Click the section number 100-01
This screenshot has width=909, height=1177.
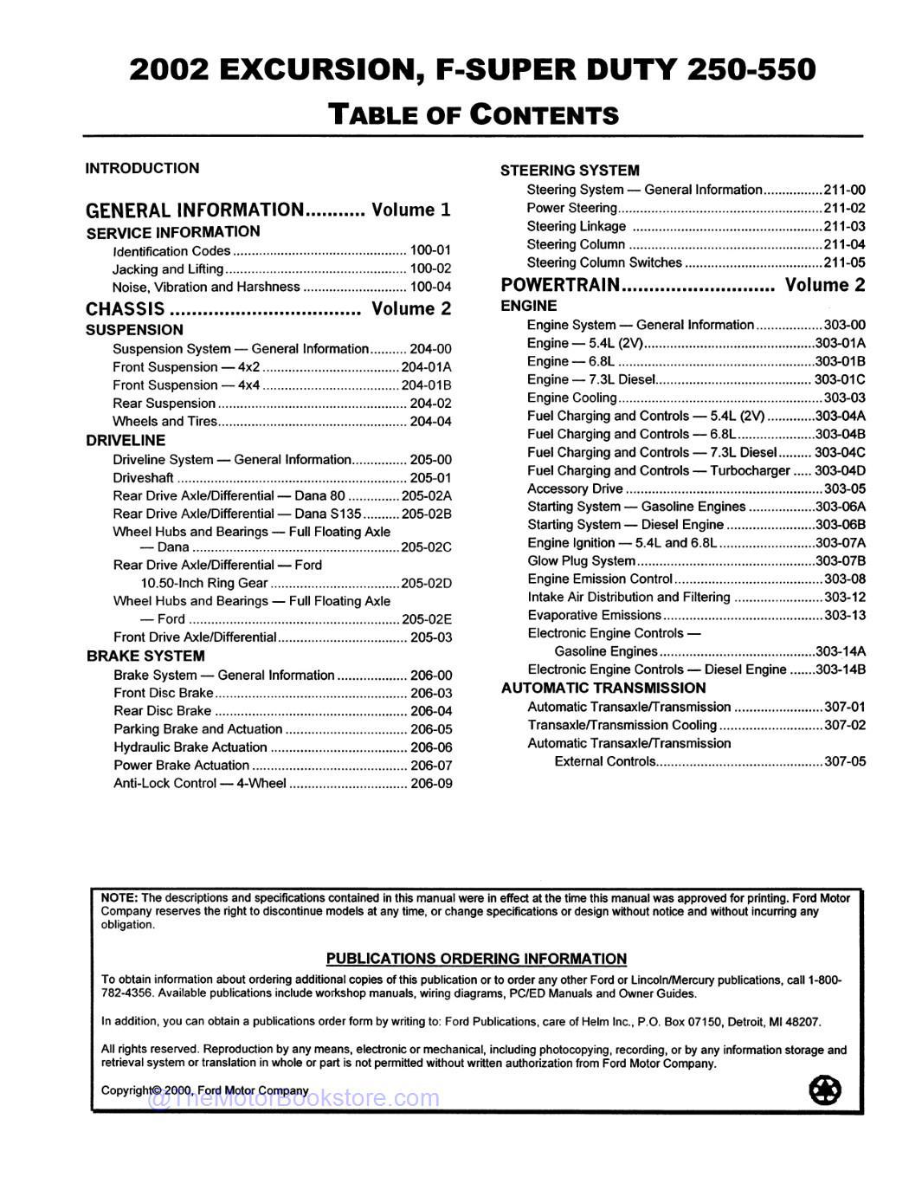click(430, 251)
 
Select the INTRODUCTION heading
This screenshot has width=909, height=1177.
click(142, 168)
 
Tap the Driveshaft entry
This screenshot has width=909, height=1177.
click(143, 478)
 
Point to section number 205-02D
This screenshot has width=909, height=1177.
click(426, 584)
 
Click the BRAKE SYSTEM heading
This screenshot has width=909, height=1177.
click(145, 656)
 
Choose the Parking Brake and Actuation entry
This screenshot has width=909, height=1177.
click(197, 729)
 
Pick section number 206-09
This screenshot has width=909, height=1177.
click(430, 784)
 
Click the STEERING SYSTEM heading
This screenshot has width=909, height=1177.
click(570, 171)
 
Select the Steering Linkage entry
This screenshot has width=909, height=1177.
click(576, 226)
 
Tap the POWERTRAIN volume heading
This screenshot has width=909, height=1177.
click(561, 285)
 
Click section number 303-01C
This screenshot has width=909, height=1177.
click(839, 379)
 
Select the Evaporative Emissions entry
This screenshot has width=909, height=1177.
click(594, 616)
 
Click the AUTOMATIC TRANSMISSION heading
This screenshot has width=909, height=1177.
click(603, 689)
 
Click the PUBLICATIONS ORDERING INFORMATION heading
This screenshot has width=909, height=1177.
click(476, 959)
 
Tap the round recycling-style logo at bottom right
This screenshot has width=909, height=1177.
click(824, 1089)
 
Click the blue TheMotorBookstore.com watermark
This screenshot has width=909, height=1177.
click(294, 1099)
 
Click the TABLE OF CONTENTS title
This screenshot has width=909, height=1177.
click(474, 114)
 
